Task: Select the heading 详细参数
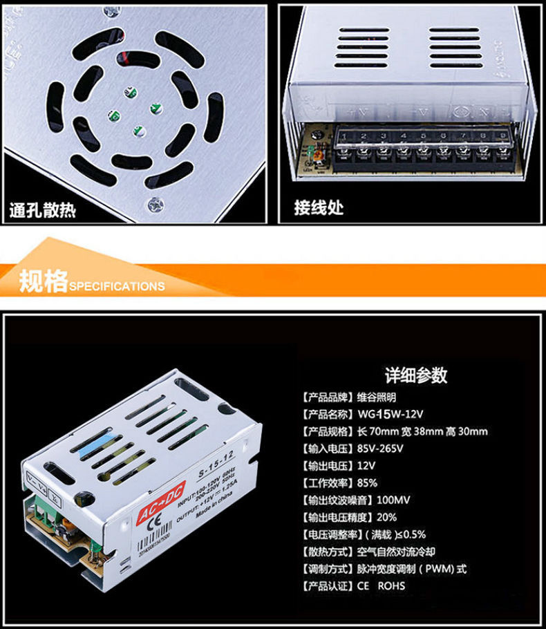click(x=416, y=375)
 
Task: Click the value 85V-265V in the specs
click(x=380, y=449)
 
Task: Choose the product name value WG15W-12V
click(x=390, y=414)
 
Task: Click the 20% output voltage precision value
click(x=367, y=517)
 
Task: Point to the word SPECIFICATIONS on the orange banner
click(x=117, y=286)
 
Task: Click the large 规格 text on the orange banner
click(x=43, y=282)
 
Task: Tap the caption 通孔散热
click(x=43, y=208)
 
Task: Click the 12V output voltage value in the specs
click(x=367, y=466)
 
